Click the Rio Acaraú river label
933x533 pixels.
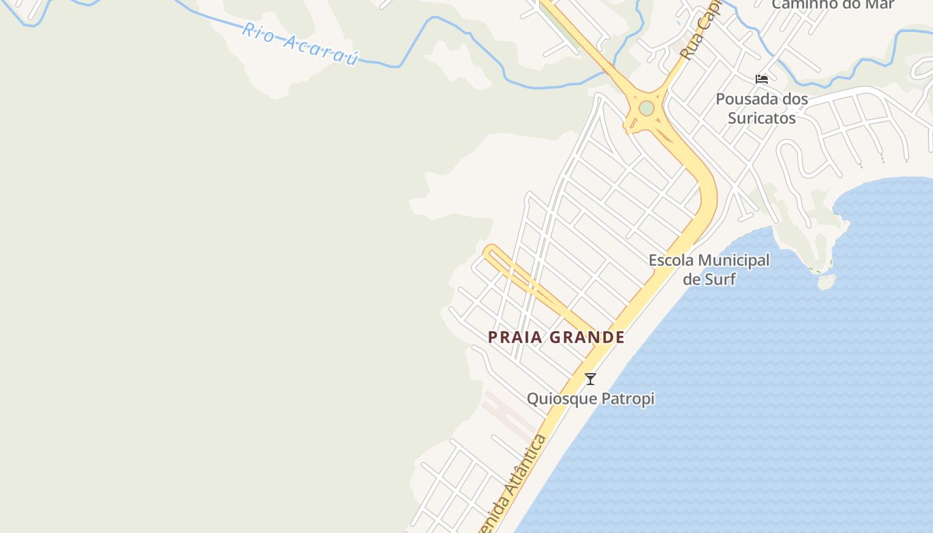pos(300,44)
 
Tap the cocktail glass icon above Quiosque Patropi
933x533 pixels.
pos(590,379)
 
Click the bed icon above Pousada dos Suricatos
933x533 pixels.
pos(762,79)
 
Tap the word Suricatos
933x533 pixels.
pos(762,118)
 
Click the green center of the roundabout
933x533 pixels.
pos(646,108)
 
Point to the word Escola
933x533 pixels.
pos(671,260)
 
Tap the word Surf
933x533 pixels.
pos(720,278)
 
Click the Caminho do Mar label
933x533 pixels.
pos(833,5)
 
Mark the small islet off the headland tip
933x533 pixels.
pos(826,282)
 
